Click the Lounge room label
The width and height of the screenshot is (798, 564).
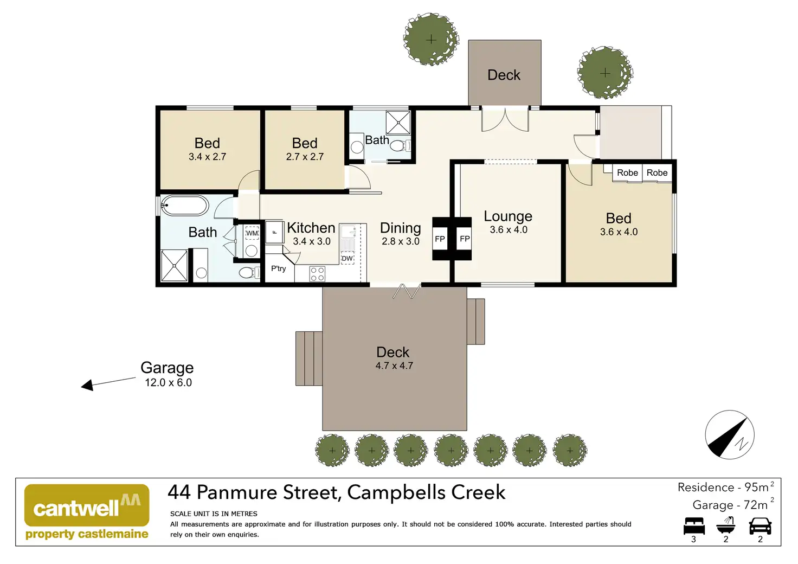508,216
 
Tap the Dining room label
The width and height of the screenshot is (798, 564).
401,228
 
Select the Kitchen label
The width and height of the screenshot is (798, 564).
311,228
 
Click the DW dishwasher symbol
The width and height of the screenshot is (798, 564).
347,258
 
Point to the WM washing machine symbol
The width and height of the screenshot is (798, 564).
252,233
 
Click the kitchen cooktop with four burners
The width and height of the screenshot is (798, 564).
317,274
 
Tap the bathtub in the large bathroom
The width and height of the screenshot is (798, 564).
184,205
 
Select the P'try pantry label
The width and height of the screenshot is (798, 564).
278,268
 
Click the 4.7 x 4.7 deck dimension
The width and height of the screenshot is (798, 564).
394,366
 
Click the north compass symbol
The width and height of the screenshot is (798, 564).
730,435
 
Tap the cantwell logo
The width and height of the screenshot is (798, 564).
87,511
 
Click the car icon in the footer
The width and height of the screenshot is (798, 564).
760,526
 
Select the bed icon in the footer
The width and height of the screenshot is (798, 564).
694,526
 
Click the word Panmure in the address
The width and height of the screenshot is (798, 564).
237,492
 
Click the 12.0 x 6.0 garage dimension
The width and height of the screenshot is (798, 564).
168,382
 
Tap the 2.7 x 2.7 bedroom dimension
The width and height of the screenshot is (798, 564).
305,156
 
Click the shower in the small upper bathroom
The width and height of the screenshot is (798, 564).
398,123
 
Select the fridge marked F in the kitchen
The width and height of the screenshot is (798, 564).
274,232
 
